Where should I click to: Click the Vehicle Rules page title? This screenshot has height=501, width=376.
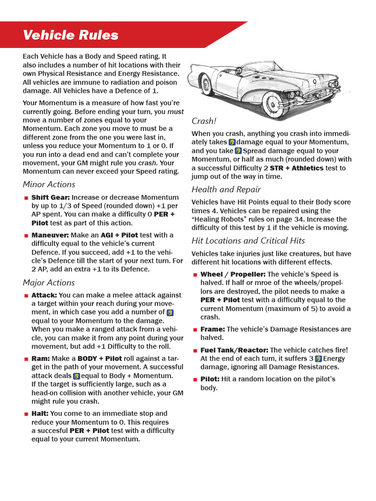pos(70,35)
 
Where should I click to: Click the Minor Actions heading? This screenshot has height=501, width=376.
pos(49,184)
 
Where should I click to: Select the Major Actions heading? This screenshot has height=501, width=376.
pos(49,283)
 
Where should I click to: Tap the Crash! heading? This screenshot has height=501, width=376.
pos(204,121)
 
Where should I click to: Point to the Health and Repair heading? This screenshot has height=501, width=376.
pos(226,189)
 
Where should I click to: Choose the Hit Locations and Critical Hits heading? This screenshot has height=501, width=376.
pos(248,241)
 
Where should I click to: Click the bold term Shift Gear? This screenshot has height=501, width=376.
pos(50,197)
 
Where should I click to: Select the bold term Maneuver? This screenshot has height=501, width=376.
pos(50,235)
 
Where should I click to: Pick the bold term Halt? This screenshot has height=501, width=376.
pos(40,413)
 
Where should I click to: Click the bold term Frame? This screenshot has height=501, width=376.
pos(212,329)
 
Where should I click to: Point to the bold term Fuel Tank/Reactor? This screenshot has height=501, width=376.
pos(234,350)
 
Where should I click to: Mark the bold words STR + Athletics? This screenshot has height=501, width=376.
pos(297,168)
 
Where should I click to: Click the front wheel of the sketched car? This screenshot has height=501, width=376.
pos(275,103)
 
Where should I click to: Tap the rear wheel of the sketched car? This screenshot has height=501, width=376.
pos(207,85)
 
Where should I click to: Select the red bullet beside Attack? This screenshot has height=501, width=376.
pos(26,296)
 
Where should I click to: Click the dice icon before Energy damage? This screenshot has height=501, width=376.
pos(318,359)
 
